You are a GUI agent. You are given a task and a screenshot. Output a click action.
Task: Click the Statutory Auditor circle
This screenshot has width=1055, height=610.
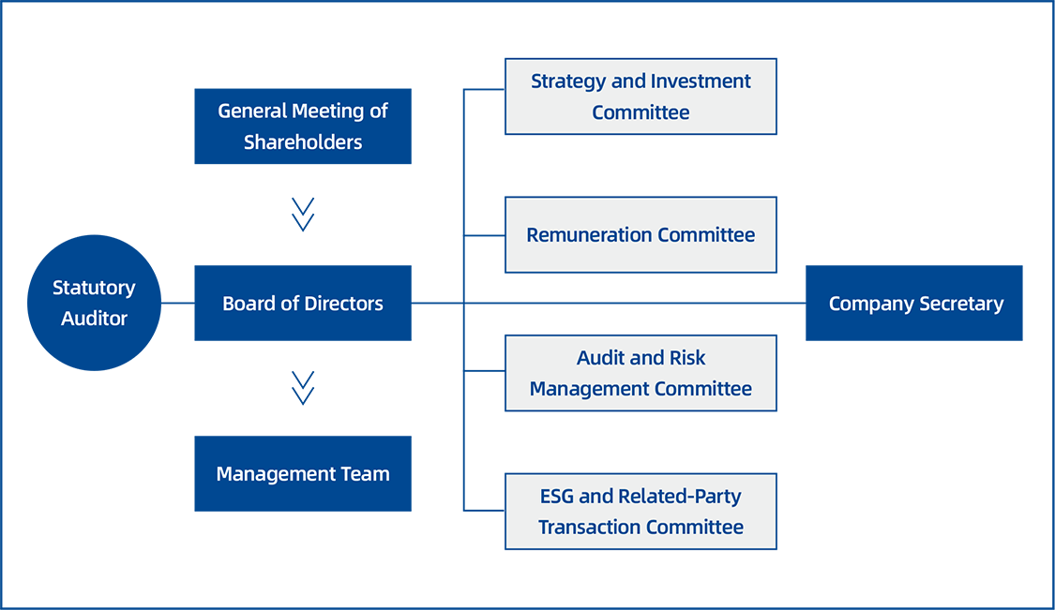[94, 303]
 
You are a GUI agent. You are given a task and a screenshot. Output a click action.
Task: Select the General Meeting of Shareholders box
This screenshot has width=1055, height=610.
[302, 126]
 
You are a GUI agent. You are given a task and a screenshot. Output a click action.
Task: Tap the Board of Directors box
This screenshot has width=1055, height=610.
[302, 304]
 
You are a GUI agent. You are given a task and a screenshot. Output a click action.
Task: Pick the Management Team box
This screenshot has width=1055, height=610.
[302, 474]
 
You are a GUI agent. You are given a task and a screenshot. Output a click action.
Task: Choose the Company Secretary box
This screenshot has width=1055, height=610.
[914, 304]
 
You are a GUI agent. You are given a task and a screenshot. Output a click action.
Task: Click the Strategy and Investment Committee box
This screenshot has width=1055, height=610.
[641, 97]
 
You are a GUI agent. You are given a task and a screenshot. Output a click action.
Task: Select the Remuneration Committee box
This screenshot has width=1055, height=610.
[641, 234]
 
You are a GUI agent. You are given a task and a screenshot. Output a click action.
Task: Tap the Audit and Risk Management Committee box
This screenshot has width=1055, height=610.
[641, 373]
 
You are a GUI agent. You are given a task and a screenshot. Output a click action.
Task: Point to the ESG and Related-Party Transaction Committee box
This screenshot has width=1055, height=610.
[641, 511]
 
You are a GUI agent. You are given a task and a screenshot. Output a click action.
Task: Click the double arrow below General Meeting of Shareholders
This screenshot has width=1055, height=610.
[303, 214]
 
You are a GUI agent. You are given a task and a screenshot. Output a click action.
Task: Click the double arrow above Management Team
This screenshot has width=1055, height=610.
[303, 387]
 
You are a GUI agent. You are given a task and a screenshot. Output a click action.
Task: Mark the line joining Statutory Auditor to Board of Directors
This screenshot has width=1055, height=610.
[178, 304]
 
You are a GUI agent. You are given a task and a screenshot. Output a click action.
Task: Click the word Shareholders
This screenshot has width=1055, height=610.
[303, 142]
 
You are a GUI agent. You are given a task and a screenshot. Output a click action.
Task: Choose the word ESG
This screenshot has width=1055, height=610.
[557, 496]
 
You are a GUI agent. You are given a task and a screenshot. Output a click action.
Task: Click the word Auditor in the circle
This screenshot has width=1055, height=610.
[94, 319]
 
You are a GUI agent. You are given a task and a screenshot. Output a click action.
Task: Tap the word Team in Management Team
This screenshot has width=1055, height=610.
[367, 474]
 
